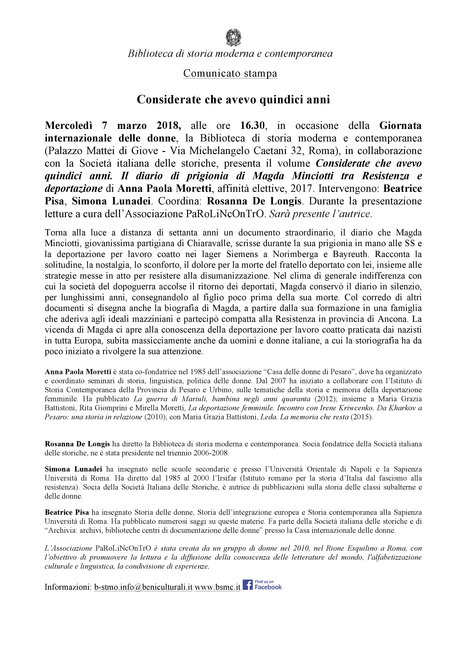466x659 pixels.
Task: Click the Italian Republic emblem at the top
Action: [233, 38]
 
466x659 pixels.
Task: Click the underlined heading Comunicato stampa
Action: [230, 73]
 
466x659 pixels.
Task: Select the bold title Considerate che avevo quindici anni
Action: [233, 100]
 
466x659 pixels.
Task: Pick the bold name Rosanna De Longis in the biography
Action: [77, 444]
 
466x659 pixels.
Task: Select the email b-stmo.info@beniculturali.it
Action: [143, 587]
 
